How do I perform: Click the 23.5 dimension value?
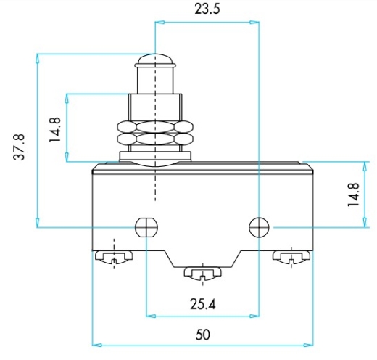207,9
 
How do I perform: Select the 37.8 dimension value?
19,147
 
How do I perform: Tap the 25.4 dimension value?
202,304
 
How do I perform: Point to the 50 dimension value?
203,335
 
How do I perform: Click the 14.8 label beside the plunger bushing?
54,130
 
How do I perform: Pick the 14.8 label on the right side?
353,195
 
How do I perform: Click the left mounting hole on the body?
146,227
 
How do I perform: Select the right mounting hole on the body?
259,227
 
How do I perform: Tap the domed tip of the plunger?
155,60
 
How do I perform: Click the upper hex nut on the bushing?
155,126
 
